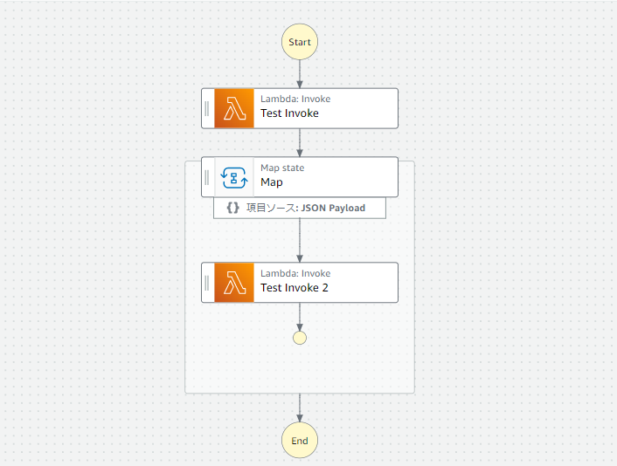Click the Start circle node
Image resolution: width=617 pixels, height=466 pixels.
[300, 42]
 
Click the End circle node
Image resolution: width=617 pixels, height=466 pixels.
[300, 441]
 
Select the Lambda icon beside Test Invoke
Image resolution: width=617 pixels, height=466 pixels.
[234, 108]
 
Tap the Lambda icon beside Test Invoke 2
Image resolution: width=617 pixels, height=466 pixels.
[234, 283]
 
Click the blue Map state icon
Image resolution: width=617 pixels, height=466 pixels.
[234, 177]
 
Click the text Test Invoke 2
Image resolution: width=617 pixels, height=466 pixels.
[294, 288]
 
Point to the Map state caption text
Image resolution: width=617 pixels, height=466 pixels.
[282, 168]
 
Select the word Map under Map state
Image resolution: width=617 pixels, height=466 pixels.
[272, 183]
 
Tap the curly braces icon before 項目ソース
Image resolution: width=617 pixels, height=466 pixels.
[232, 209]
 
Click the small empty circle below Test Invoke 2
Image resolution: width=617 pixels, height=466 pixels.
[300, 338]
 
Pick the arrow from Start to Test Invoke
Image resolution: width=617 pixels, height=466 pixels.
[300, 73]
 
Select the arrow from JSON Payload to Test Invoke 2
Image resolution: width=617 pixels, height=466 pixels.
[300, 240]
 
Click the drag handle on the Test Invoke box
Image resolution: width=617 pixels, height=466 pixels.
[207, 108]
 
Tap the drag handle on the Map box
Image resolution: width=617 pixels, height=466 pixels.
[207, 177]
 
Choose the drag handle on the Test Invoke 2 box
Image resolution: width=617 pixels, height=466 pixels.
[207, 283]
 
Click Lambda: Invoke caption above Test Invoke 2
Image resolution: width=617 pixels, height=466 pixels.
[295, 274]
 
